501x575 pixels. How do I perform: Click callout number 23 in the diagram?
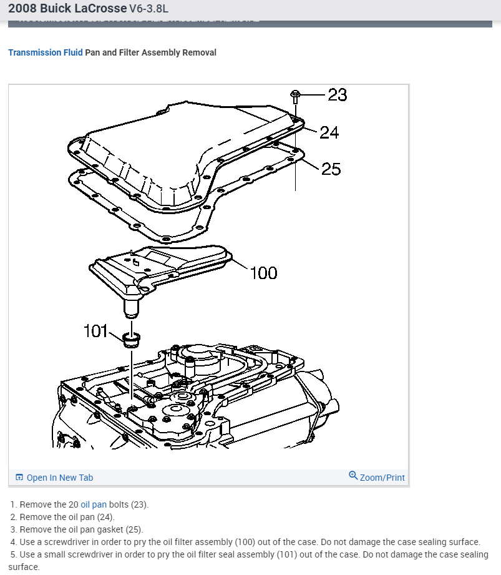click(x=337, y=95)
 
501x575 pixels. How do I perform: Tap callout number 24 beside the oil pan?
click(x=329, y=132)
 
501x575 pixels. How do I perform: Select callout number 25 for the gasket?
click(x=331, y=169)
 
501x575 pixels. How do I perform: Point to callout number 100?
click(x=263, y=273)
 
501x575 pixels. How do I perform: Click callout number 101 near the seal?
click(x=96, y=331)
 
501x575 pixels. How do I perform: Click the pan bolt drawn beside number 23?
click(x=295, y=96)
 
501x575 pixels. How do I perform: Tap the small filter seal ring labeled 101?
click(x=131, y=340)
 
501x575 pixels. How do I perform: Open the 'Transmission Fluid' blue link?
click(x=45, y=53)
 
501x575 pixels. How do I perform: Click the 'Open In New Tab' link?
click(x=60, y=478)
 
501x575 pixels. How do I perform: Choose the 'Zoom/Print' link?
click(x=382, y=478)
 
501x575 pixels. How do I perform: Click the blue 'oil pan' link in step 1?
click(x=94, y=504)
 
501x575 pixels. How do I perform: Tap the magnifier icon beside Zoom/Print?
click(x=353, y=476)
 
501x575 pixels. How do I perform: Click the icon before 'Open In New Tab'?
click(x=19, y=478)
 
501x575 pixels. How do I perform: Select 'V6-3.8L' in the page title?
click(x=148, y=9)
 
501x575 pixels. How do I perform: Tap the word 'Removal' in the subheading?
click(x=199, y=53)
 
